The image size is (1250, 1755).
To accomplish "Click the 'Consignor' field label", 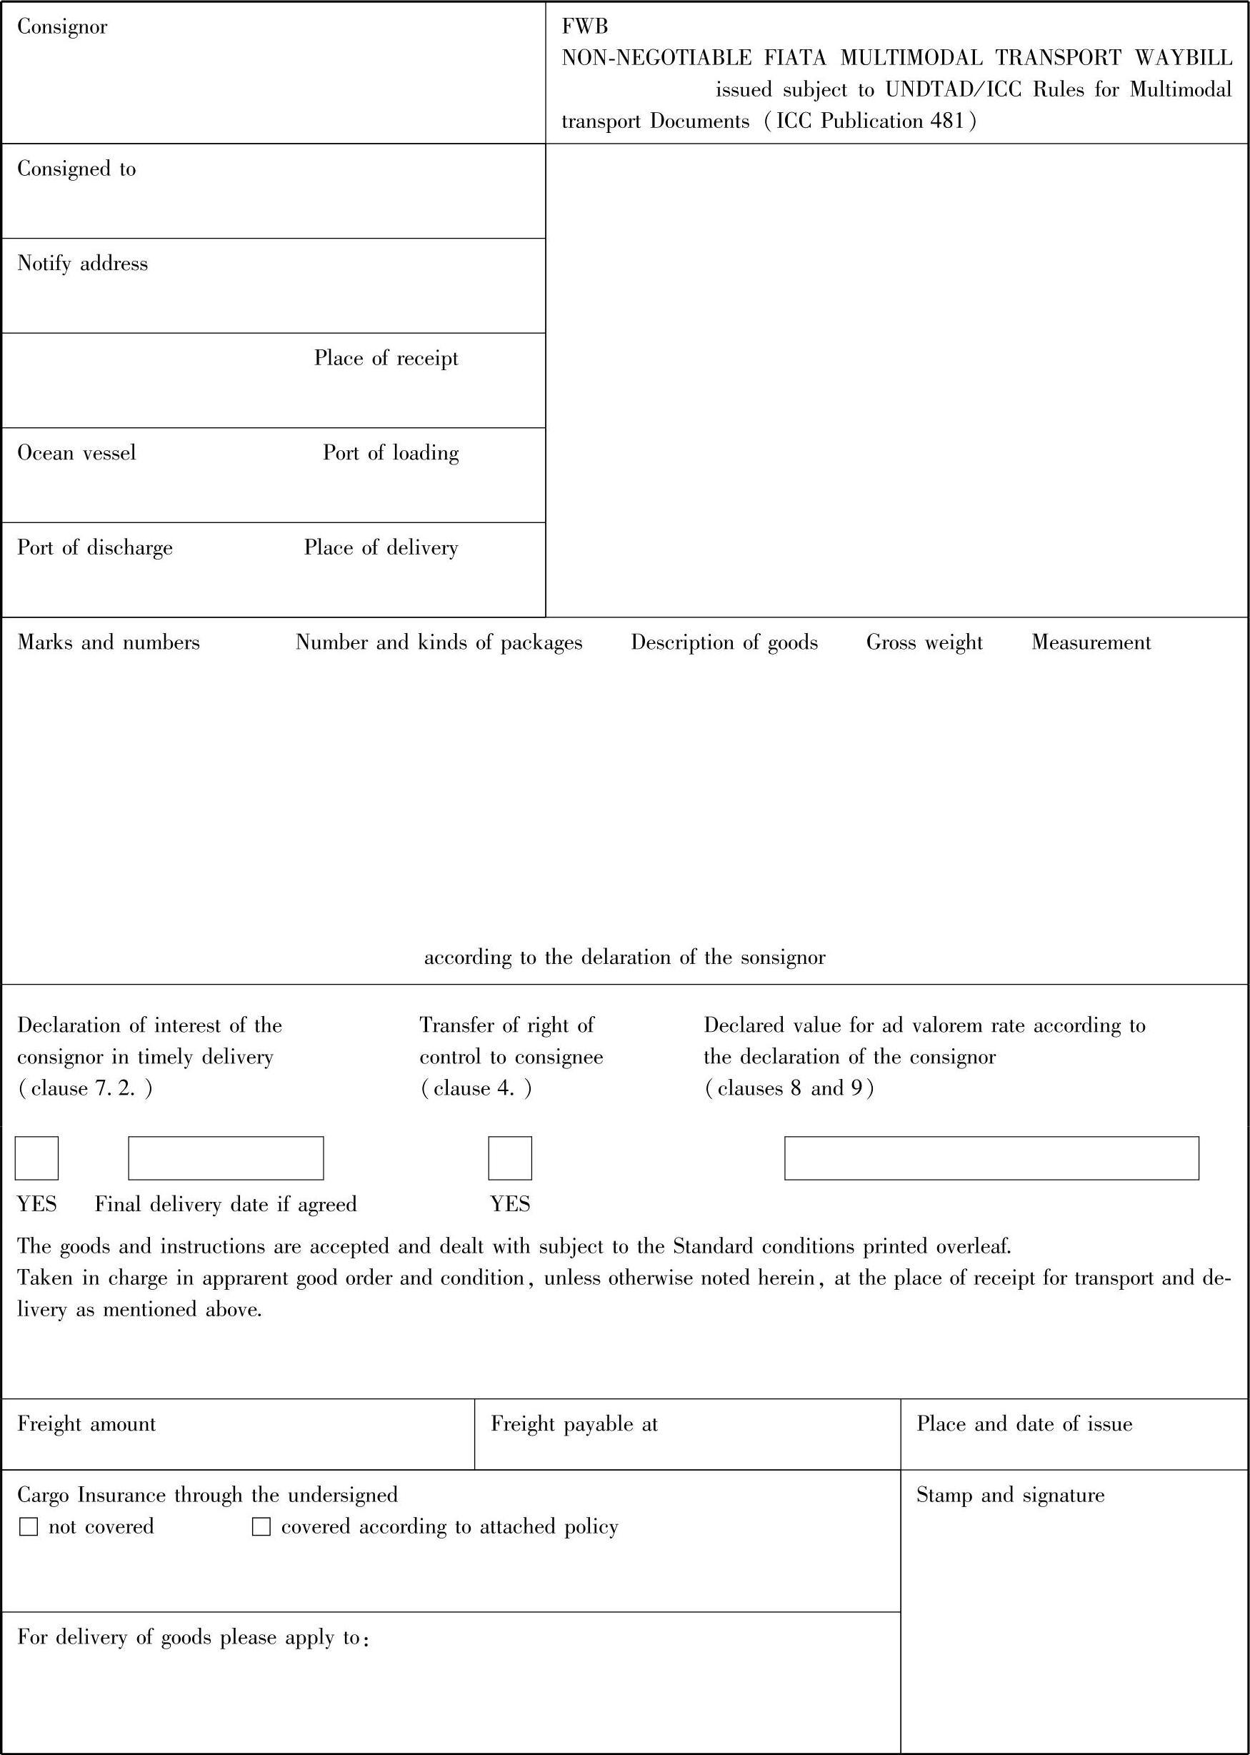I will pyautogui.click(x=62, y=27).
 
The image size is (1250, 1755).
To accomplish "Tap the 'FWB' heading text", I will pyautogui.click(x=585, y=27).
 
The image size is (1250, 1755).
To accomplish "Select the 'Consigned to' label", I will pyautogui.click(x=76, y=169).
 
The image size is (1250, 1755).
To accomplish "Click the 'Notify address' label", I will pyautogui.click(x=82, y=264).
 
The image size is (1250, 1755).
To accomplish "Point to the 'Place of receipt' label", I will pyautogui.click(x=386, y=358).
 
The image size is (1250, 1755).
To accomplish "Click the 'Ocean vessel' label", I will pyautogui.click(x=76, y=453).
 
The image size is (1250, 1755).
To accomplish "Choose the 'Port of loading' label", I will pyautogui.click(x=390, y=453).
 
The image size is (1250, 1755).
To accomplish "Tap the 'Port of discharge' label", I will pyautogui.click(x=95, y=547).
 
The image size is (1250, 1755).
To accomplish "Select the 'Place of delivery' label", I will pyautogui.click(x=381, y=547).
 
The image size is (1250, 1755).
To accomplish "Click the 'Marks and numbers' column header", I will pyautogui.click(x=109, y=642).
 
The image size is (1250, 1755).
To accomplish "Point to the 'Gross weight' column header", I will pyautogui.click(x=924, y=642).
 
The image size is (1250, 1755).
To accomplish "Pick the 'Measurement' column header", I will pyautogui.click(x=1091, y=642).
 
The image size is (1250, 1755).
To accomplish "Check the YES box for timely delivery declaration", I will pyautogui.click(x=37, y=1158).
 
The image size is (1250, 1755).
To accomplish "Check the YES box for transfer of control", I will pyautogui.click(x=509, y=1158).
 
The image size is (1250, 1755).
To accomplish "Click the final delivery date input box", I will pyautogui.click(x=226, y=1158).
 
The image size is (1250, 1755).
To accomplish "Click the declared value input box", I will pyautogui.click(x=991, y=1158).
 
